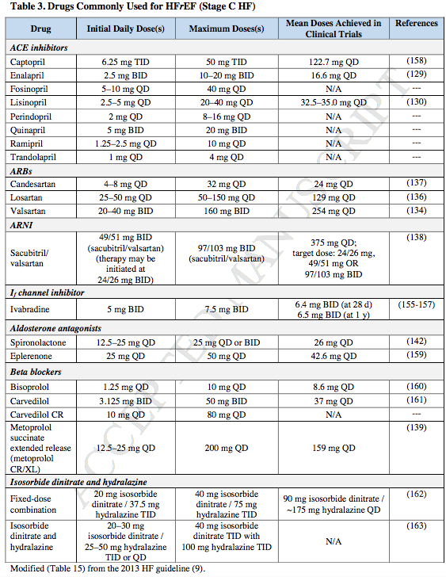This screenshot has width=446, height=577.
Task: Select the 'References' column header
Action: pyautogui.click(x=416, y=24)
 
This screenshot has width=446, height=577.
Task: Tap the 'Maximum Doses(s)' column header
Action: pyautogui.click(x=227, y=29)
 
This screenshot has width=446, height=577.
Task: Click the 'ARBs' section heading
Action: pyautogui.click(x=23, y=170)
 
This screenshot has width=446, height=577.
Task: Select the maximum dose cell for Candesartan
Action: pyautogui.click(x=227, y=184)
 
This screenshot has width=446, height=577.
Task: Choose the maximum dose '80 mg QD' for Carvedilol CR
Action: pyautogui.click(x=227, y=415)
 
